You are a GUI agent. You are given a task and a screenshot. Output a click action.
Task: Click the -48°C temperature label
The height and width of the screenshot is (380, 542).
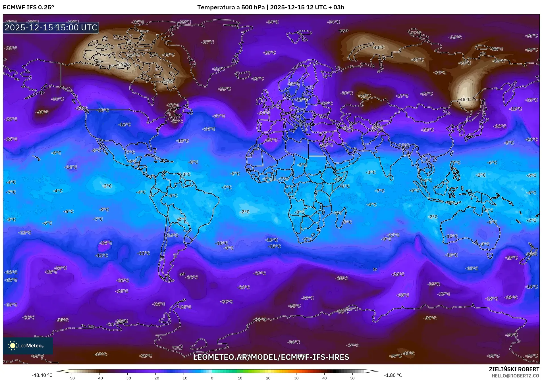tap(464, 99)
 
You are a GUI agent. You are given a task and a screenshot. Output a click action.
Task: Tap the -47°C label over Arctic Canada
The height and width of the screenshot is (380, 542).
tap(123, 64)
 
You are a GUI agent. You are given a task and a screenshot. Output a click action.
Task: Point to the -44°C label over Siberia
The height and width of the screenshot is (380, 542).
tap(378, 48)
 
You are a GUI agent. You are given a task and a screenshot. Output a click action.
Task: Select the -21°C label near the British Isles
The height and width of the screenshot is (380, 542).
tap(264, 113)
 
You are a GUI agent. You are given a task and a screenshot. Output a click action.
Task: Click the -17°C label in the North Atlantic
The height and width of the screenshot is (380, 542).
tap(219, 116)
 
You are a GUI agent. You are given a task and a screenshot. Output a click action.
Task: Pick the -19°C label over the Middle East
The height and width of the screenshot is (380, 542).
tap(327, 145)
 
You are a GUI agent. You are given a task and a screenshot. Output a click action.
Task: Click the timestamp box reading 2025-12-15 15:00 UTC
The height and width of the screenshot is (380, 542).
tap(51, 28)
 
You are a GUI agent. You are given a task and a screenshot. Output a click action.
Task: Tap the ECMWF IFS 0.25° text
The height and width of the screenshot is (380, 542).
tap(28, 7)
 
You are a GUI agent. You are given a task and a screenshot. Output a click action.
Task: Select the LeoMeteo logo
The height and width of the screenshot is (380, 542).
tap(28, 346)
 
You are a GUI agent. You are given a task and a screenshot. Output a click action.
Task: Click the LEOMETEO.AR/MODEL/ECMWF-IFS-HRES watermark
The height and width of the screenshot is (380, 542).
tap(271, 357)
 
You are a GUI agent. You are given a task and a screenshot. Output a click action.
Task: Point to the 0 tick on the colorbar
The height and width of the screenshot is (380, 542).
tap(212, 378)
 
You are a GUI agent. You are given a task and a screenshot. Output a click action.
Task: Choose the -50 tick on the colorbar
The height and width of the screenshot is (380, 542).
tap(71, 378)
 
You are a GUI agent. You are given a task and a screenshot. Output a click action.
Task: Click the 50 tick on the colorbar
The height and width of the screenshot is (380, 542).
tap(352, 378)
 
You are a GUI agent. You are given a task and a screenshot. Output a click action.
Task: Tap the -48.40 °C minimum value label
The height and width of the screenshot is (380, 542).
tap(42, 375)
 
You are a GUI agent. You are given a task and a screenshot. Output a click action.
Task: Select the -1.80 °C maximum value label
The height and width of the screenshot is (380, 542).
tap(393, 375)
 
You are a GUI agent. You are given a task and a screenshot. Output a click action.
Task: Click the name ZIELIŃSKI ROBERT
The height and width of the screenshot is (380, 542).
tap(514, 369)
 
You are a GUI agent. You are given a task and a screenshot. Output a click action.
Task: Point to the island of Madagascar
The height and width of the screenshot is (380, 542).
tap(341, 218)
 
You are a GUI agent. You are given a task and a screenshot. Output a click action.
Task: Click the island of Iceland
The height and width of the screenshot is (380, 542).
tap(243, 75)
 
